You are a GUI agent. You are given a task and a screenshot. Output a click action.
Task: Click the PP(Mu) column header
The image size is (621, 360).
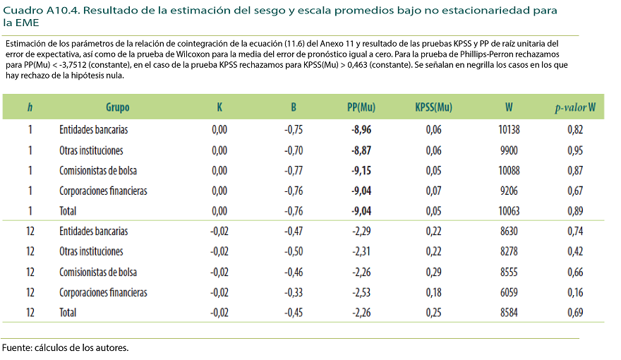click(x=361, y=107)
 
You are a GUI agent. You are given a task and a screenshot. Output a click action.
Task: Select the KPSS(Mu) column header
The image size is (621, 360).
click(x=433, y=107)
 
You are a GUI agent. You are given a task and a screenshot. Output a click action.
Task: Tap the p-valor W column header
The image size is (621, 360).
click(x=575, y=107)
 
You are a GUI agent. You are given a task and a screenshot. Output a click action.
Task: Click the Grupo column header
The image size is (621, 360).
click(x=117, y=107)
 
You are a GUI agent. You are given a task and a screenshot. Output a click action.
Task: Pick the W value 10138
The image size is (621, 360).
click(x=508, y=130)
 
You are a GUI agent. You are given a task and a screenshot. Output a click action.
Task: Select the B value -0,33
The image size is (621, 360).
click(x=294, y=292)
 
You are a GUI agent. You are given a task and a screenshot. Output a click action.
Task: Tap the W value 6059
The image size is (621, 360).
click(x=508, y=292)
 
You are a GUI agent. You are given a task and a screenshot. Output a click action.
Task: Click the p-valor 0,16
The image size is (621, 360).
click(x=575, y=292)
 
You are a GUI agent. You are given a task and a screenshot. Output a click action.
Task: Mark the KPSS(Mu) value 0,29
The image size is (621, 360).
click(x=433, y=272)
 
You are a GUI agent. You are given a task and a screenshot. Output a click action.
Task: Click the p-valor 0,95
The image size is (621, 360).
click(x=575, y=150)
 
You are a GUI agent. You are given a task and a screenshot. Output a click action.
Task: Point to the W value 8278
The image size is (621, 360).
click(x=508, y=251)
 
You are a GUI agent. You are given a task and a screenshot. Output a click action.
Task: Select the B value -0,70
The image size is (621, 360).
click(x=294, y=150)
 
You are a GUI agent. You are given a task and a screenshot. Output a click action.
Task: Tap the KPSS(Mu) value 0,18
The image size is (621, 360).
click(x=433, y=292)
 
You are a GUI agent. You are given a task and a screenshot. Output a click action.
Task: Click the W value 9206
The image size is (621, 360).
click(x=508, y=191)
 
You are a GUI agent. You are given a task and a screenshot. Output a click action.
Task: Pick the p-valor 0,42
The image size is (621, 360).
click(x=575, y=251)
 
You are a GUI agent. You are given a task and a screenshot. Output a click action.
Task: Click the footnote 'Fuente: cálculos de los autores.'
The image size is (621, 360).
click(x=66, y=347)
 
